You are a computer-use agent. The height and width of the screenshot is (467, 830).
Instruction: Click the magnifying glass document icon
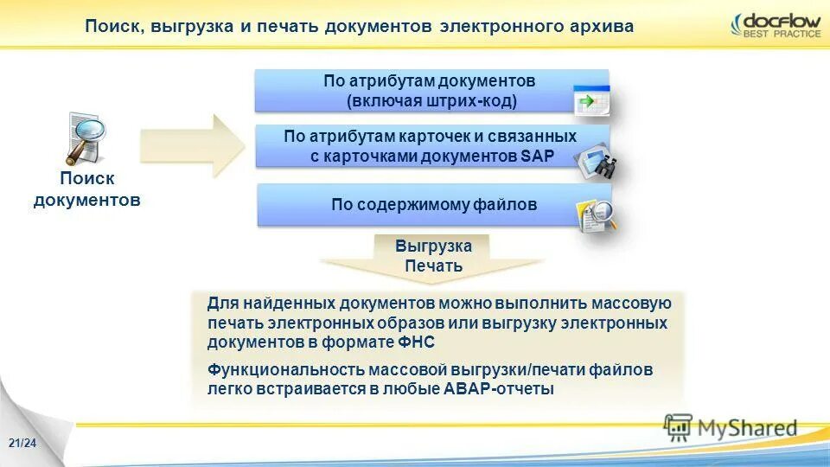[x=85, y=138]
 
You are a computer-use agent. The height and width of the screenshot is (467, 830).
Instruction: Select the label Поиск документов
[x=86, y=189]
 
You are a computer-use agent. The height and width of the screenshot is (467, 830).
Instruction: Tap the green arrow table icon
[x=591, y=101]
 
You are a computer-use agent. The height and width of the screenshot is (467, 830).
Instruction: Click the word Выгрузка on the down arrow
[x=433, y=246]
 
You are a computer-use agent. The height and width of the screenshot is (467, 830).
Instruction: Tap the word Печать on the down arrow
[x=433, y=266]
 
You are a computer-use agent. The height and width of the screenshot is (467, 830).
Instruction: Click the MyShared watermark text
[x=748, y=427]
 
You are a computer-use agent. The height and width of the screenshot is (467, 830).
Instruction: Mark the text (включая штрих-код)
[x=431, y=101]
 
